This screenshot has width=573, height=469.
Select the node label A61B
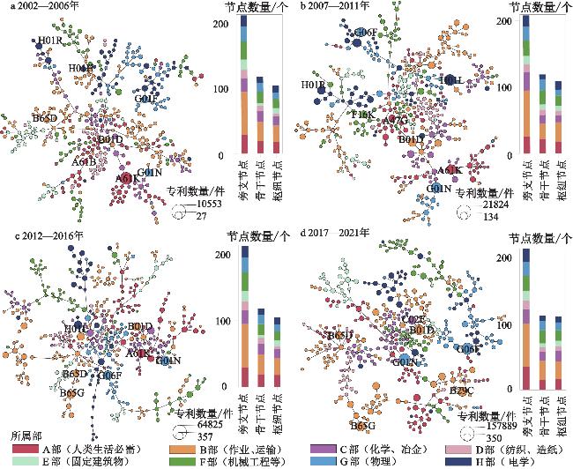[x=84, y=161]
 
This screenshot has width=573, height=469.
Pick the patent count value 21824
[x=495, y=205]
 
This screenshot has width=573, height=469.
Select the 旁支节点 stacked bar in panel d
[x=525, y=318]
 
